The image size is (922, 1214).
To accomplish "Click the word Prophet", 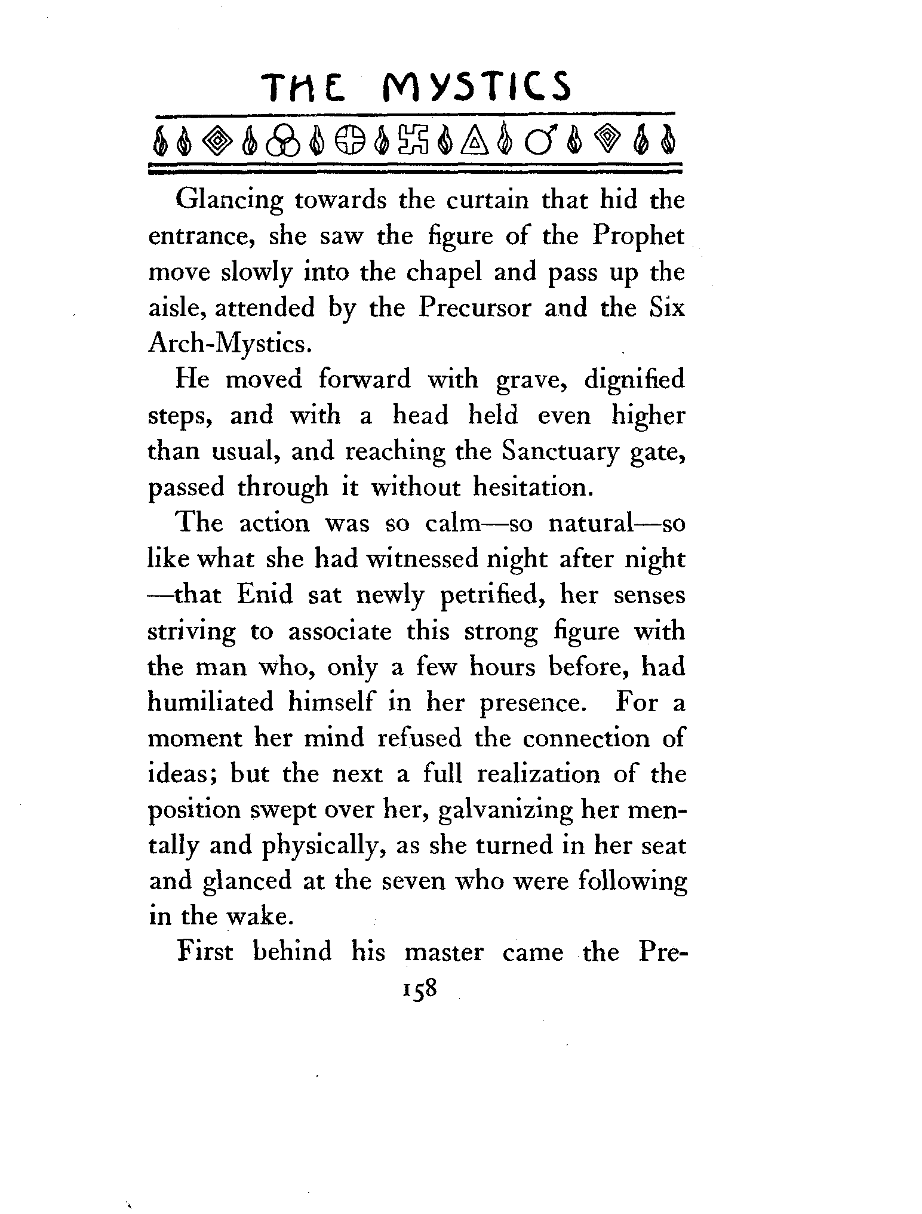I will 638,236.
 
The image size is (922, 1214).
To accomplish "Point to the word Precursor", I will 474,308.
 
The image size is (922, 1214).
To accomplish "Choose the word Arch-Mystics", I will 229,345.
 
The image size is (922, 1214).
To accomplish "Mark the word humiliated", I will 210,702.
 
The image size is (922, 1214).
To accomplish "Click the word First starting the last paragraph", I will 204,952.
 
